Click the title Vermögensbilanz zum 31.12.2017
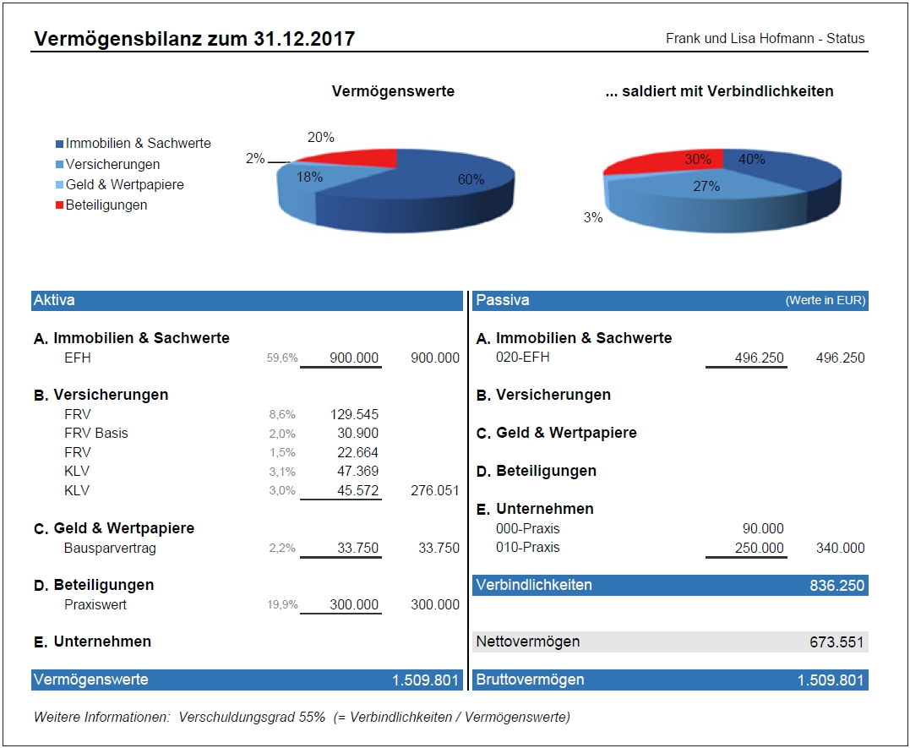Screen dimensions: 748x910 (x=194, y=39)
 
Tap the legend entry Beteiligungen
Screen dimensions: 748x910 (x=106, y=205)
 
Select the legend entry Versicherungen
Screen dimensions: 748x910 (x=112, y=164)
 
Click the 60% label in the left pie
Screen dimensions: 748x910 (x=471, y=179)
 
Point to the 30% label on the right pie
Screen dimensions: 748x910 (x=696, y=159)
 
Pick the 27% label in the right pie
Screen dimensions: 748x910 (x=706, y=186)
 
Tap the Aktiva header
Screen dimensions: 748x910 (x=54, y=300)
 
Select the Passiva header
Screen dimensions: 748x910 (x=502, y=300)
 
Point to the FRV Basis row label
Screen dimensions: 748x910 (x=96, y=433)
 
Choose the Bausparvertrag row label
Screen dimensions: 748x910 (x=110, y=548)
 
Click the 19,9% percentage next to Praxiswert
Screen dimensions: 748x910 (x=282, y=605)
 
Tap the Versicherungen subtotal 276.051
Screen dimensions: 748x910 (x=434, y=490)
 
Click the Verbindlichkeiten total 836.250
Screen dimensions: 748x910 (x=836, y=585)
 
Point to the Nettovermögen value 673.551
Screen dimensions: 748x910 (x=836, y=642)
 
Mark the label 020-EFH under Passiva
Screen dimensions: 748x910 (x=522, y=358)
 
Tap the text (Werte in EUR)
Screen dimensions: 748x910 (x=825, y=301)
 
